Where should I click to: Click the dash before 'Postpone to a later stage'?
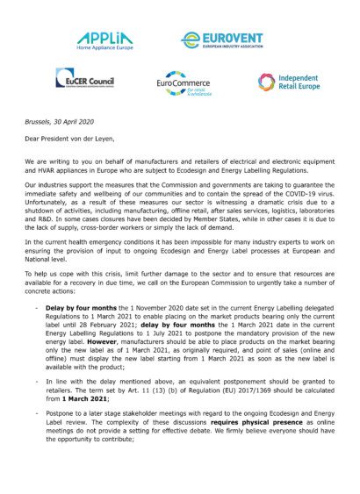[x=35, y=435]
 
